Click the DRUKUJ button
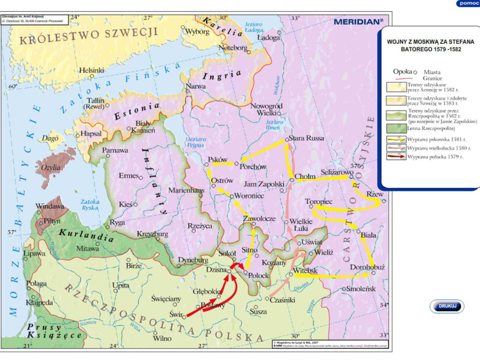(x=447, y=306)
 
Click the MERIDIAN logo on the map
(x=359, y=21)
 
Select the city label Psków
(x=218, y=159)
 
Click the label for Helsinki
(x=91, y=70)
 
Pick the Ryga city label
(x=118, y=222)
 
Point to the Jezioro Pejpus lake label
(x=196, y=141)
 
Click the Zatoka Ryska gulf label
(x=89, y=205)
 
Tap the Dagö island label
(x=50, y=138)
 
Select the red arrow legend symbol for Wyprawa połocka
(x=395, y=157)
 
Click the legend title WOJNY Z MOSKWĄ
(x=430, y=45)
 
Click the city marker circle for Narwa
(x=188, y=91)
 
